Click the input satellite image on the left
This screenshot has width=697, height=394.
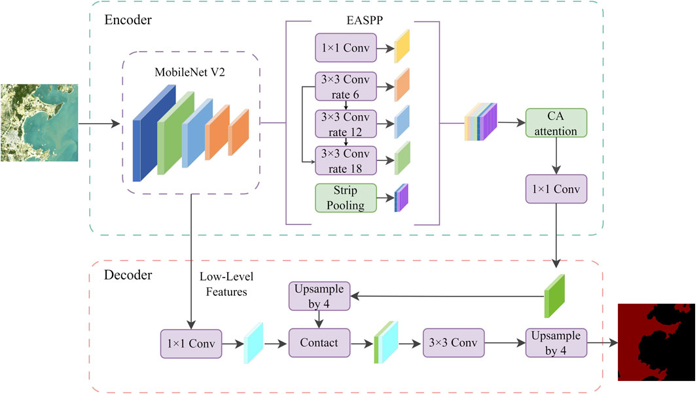coord(39,122)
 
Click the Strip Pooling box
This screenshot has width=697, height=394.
coord(346,198)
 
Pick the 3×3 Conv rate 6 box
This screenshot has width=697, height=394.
coord(346,86)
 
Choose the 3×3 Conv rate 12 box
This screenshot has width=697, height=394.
coord(346,123)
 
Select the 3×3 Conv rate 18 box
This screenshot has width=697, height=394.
coord(346,160)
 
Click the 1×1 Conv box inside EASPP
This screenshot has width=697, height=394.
coord(346,48)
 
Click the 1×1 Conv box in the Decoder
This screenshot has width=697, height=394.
coord(191,343)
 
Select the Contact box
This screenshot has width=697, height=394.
coord(319,343)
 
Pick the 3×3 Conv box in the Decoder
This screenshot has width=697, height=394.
coord(454,343)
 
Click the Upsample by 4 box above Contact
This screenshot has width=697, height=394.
coord(319,296)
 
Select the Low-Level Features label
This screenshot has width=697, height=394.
coord(223,285)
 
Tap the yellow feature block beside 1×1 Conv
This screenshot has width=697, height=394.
coord(401,46)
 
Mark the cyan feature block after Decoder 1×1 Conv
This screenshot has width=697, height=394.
coord(253,342)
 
